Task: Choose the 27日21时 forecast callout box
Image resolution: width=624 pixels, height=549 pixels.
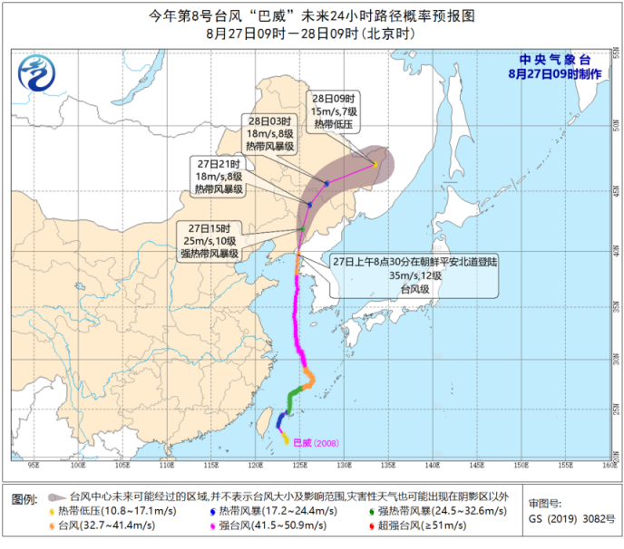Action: click(219, 175)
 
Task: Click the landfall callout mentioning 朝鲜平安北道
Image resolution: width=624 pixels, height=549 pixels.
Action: click(413, 275)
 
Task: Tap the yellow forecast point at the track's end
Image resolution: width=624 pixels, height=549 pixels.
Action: click(375, 164)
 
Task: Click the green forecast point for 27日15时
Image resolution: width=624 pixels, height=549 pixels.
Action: click(302, 229)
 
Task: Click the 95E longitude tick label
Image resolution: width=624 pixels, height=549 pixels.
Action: click(33, 465)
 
